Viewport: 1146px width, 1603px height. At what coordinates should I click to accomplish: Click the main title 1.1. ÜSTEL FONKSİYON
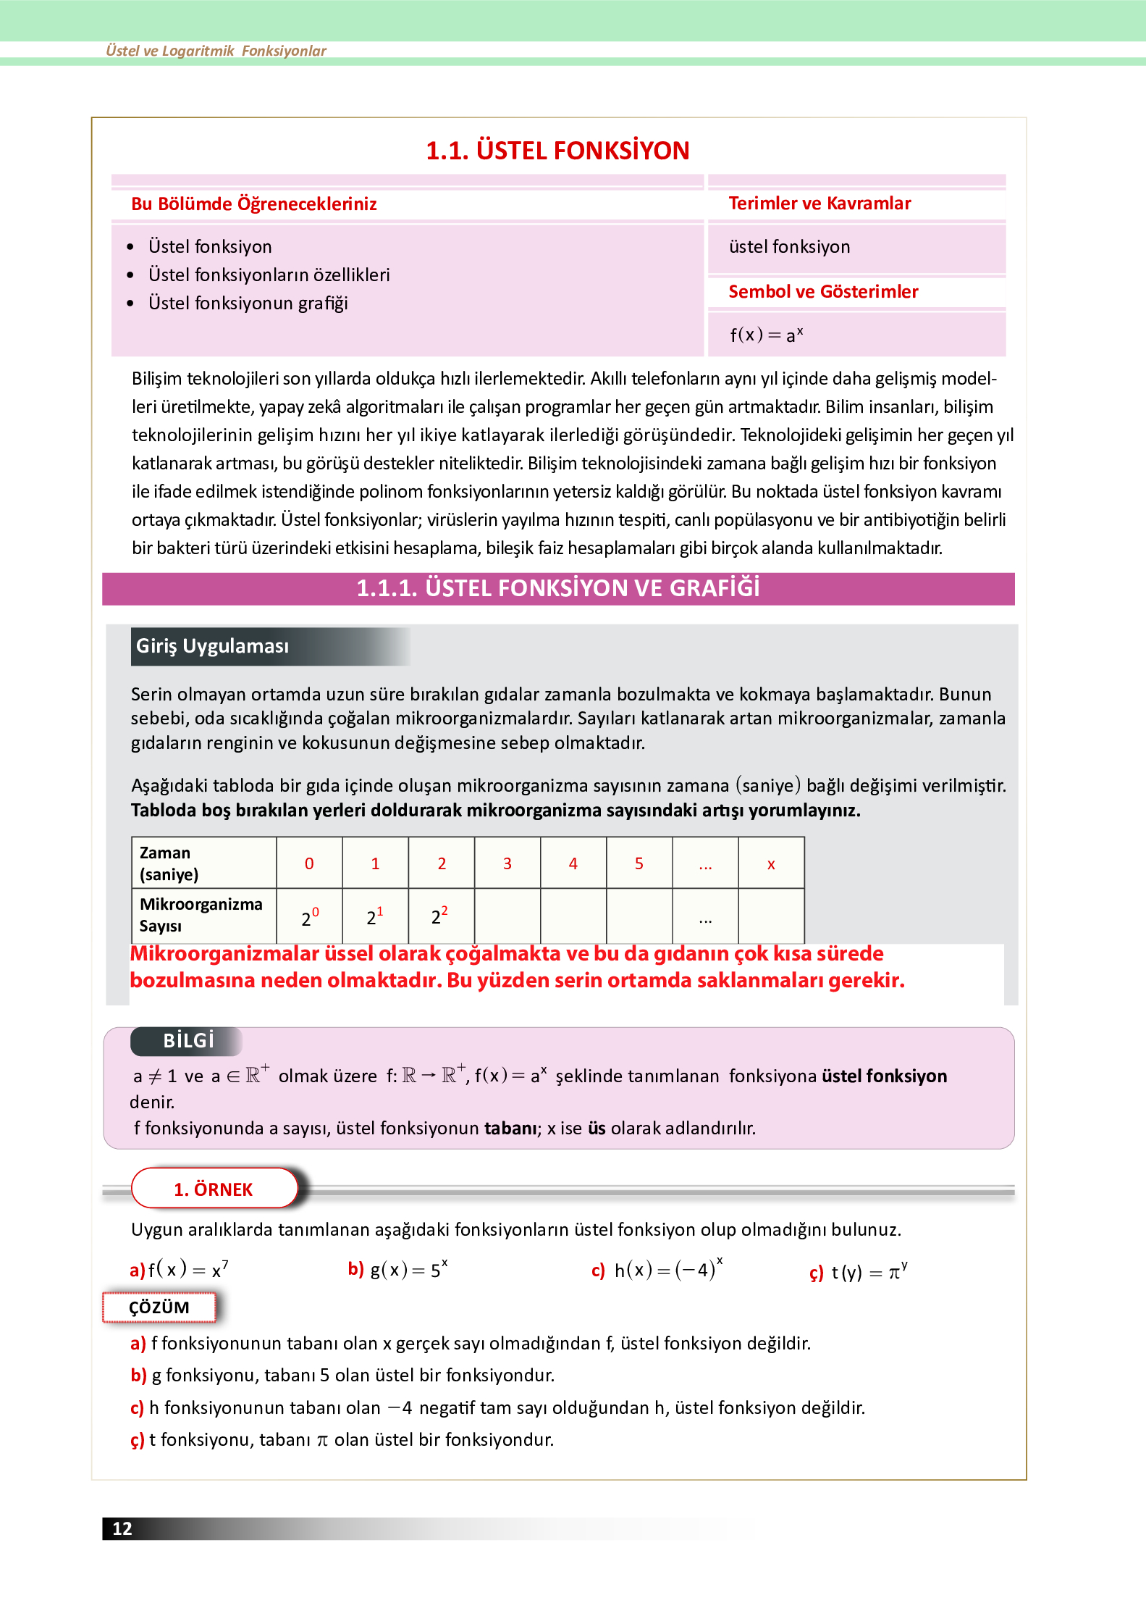pyautogui.click(x=557, y=151)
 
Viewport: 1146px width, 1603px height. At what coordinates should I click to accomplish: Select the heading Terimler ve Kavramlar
pyautogui.click(x=820, y=204)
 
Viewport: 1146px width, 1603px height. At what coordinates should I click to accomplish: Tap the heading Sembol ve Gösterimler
pyautogui.click(x=823, y=292)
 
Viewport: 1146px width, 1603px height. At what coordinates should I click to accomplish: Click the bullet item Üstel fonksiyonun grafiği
pyautogui.click(x=248, y=304)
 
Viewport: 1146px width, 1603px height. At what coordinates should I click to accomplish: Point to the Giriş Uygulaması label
pyautogui.click(x=213, y=646)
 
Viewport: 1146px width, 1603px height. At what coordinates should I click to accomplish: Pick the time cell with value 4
pyautogui.click(x=573, y=863)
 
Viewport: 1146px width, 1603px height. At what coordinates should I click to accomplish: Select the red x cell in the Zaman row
pyautogui.click(x=771, y=863)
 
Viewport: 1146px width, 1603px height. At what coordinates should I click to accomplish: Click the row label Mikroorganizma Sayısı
pyautogui.click(x=201, y=915)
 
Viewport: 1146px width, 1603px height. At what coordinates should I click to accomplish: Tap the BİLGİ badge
pyautogui.click(x=188, y=1041)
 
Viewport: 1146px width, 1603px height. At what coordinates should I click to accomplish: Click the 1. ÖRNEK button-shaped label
pyautogui.click(x=214, y=1189)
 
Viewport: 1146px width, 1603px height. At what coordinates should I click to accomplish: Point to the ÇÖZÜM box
pyautogui.click(x=159, y=1307)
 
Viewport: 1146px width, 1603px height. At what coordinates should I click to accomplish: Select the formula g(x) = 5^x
pyautogui.click(x=408, y=1270)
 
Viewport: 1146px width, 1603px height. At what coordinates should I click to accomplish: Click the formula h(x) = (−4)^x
pyautogui.click(x=667, y=1270)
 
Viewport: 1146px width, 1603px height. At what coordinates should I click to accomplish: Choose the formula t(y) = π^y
pyautogui.click(x=868, y=1272)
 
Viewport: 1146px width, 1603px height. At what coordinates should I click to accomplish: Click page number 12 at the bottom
pyautogui.click(x=122, y=1528)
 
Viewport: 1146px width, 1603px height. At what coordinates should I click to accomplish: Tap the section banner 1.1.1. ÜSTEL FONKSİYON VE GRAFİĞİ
pyautogui.click(x=557, y=588)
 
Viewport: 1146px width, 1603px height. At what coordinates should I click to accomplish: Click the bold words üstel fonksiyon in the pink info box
pyautogui.click(x=884, y=1076)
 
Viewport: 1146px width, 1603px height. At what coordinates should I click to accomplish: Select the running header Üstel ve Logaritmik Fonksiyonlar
pyautogui.click(x=216, y=51)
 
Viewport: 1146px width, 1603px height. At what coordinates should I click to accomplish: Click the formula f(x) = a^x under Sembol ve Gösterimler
pyautogui.click(x=766, y=335)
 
